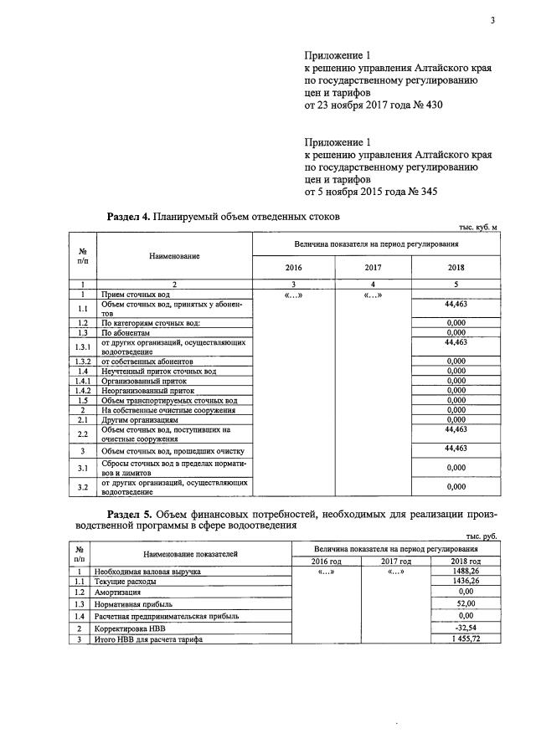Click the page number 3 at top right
pos(493,21)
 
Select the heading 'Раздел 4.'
pos(128,217)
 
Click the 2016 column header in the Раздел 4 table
pos(293,268)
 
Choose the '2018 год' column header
pos(465,561)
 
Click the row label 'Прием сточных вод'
pos(135,295)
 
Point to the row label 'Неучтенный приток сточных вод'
pos(158,371)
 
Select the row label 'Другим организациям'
pos(138,419)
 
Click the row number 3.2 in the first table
pos(83,487)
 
